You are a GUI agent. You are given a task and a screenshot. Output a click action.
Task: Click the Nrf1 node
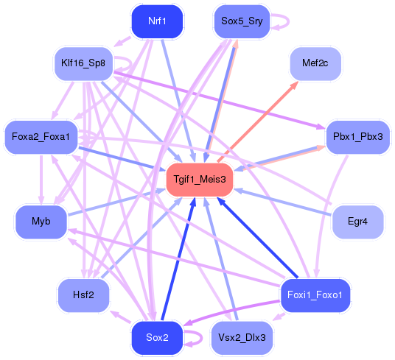(156, 21)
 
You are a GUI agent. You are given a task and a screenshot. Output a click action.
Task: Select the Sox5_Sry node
(241, 21)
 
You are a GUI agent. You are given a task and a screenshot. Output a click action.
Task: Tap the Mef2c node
(315, 64)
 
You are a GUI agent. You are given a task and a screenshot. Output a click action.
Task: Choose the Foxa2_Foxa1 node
(41, 137)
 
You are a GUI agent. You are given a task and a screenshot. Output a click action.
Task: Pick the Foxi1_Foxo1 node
(315, 295)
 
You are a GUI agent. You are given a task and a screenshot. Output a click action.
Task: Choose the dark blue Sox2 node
(156, 338)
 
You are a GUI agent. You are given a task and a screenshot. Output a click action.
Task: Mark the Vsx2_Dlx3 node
(242, 338)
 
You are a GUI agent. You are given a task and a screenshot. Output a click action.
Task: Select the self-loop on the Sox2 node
(196, 339)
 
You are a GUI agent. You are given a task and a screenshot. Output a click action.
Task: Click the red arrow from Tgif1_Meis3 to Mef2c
(258, 120)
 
